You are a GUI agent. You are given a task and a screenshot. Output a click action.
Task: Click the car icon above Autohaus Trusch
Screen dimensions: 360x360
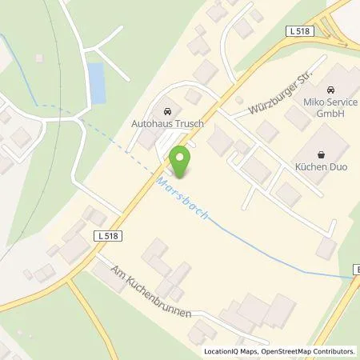click(166, 112)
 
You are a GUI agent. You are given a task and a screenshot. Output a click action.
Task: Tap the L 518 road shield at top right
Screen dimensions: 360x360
click(299, 30)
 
